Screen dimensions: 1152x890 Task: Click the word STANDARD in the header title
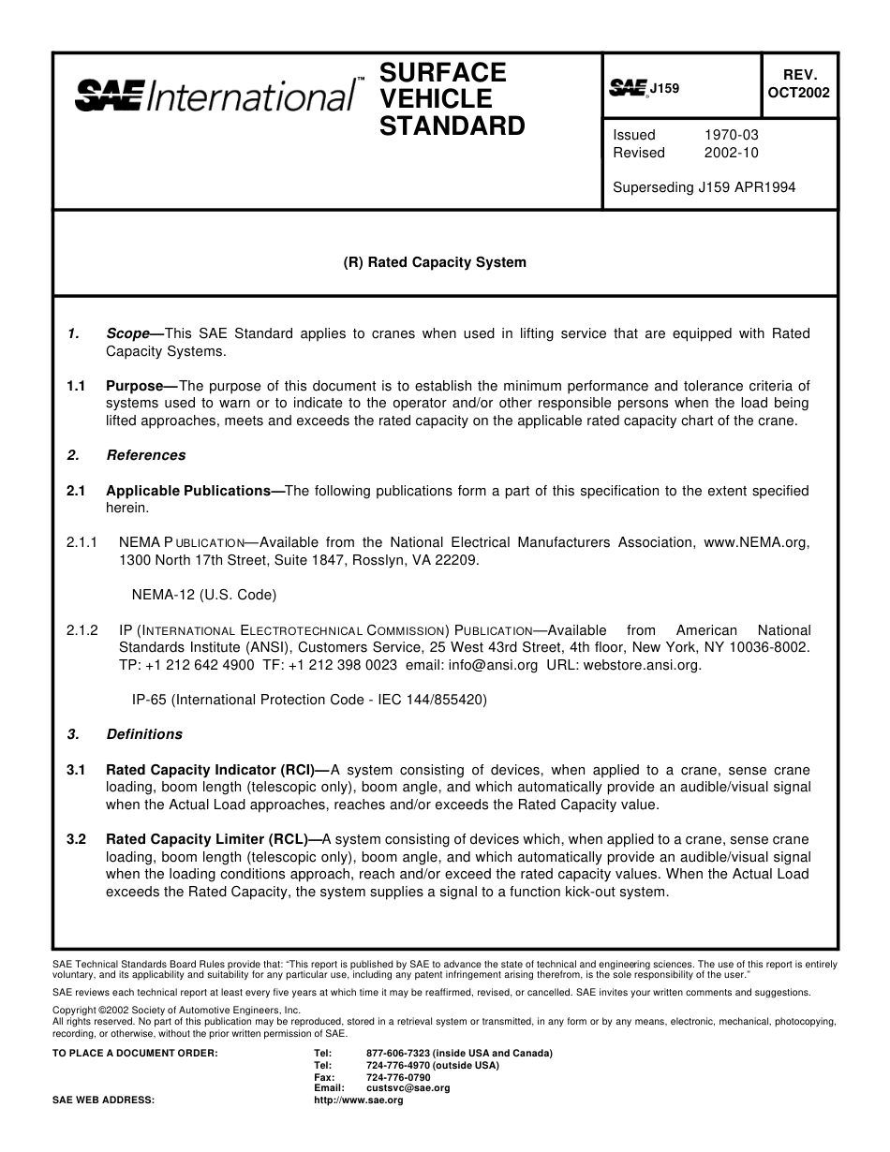(452, 126)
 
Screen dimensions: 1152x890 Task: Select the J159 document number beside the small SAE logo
(664, 89)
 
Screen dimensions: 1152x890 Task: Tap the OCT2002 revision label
(798, 93)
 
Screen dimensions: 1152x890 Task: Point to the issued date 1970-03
(731, 135)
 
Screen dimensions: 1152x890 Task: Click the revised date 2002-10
(731, 153)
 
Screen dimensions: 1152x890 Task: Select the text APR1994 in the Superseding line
(765, 187)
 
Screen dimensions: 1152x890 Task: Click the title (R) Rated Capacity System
(434, 262)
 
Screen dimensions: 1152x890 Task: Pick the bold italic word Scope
(127, 333)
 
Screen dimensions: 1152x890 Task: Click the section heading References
(145, 455)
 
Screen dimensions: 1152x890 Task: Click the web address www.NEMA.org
(755, 542)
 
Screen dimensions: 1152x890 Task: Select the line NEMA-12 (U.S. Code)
(203, 595)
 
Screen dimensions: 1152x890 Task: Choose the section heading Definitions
(143, 734)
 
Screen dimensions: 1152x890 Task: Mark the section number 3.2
(76, 839)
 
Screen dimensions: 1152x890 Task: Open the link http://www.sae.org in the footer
(358, 1100)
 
